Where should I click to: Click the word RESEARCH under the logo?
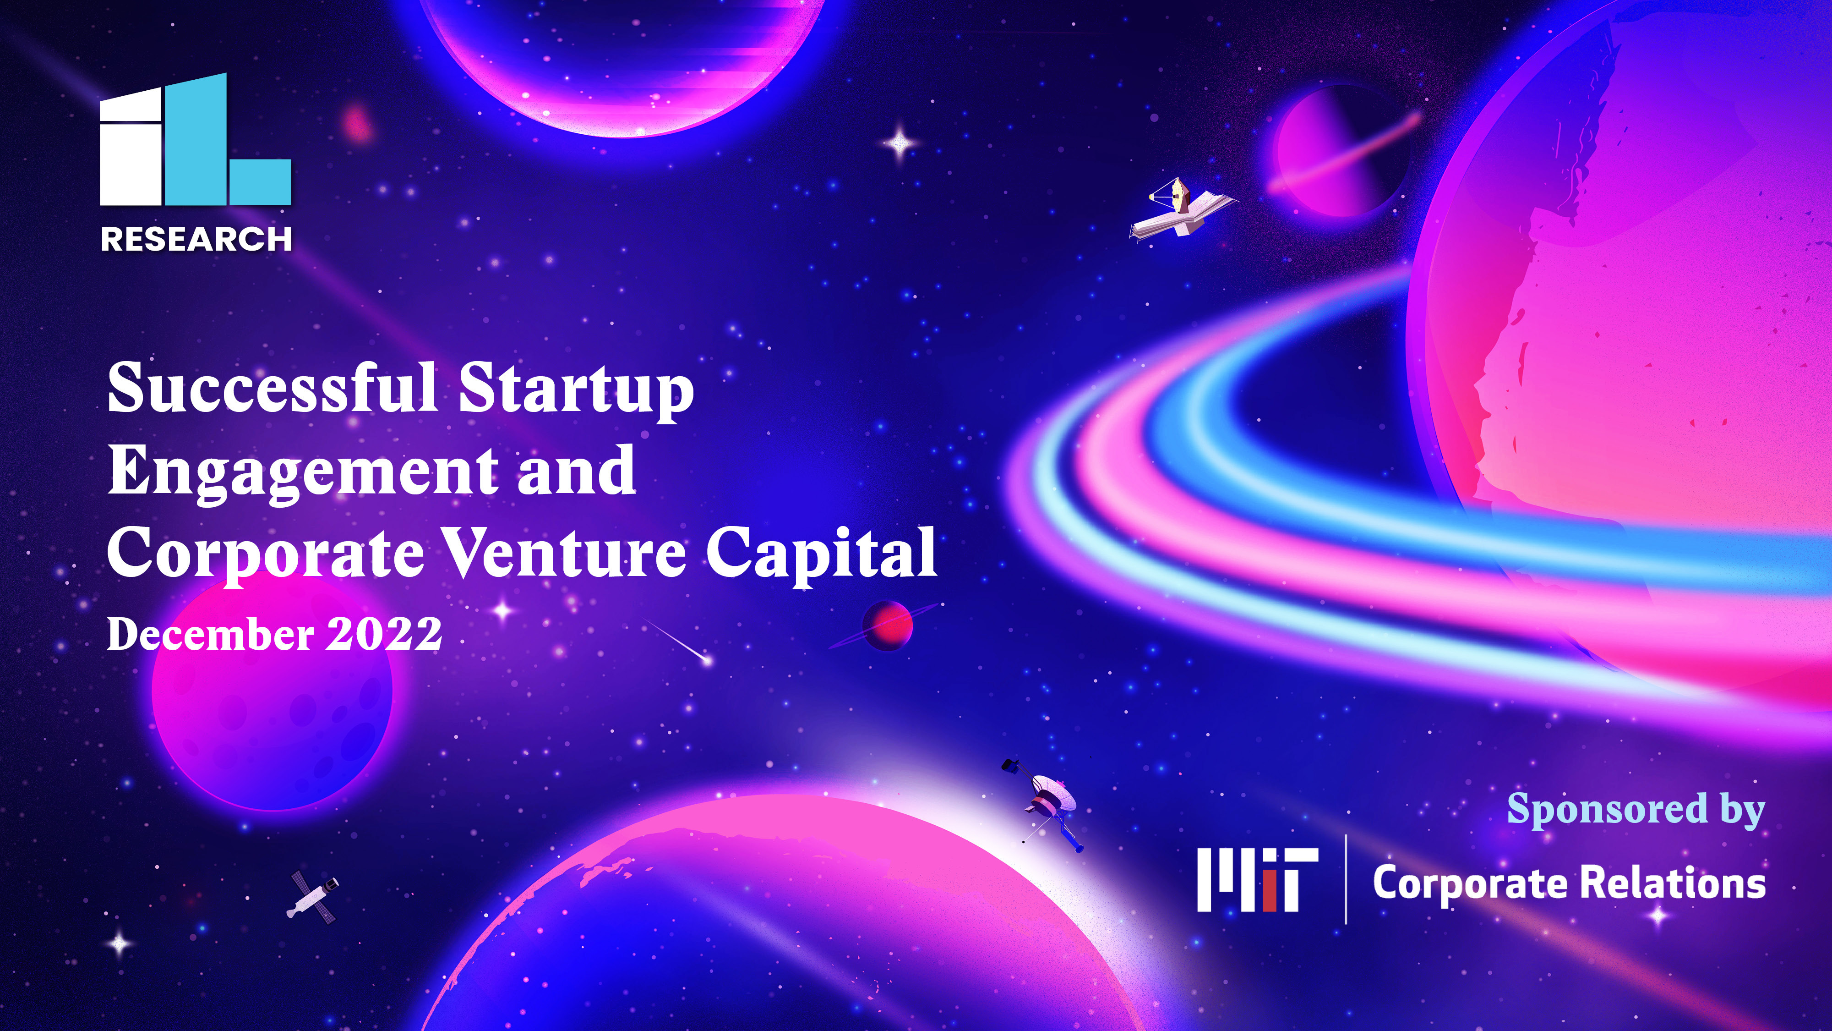[x=196, y=239]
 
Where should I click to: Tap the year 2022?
[x=384, y=634]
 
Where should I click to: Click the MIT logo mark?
[x=1257, y=879]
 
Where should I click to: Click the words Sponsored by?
[x=1636, y=810]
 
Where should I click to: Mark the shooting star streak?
[x=676, y=642]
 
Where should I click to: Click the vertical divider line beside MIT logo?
[x=1346, y=879]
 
